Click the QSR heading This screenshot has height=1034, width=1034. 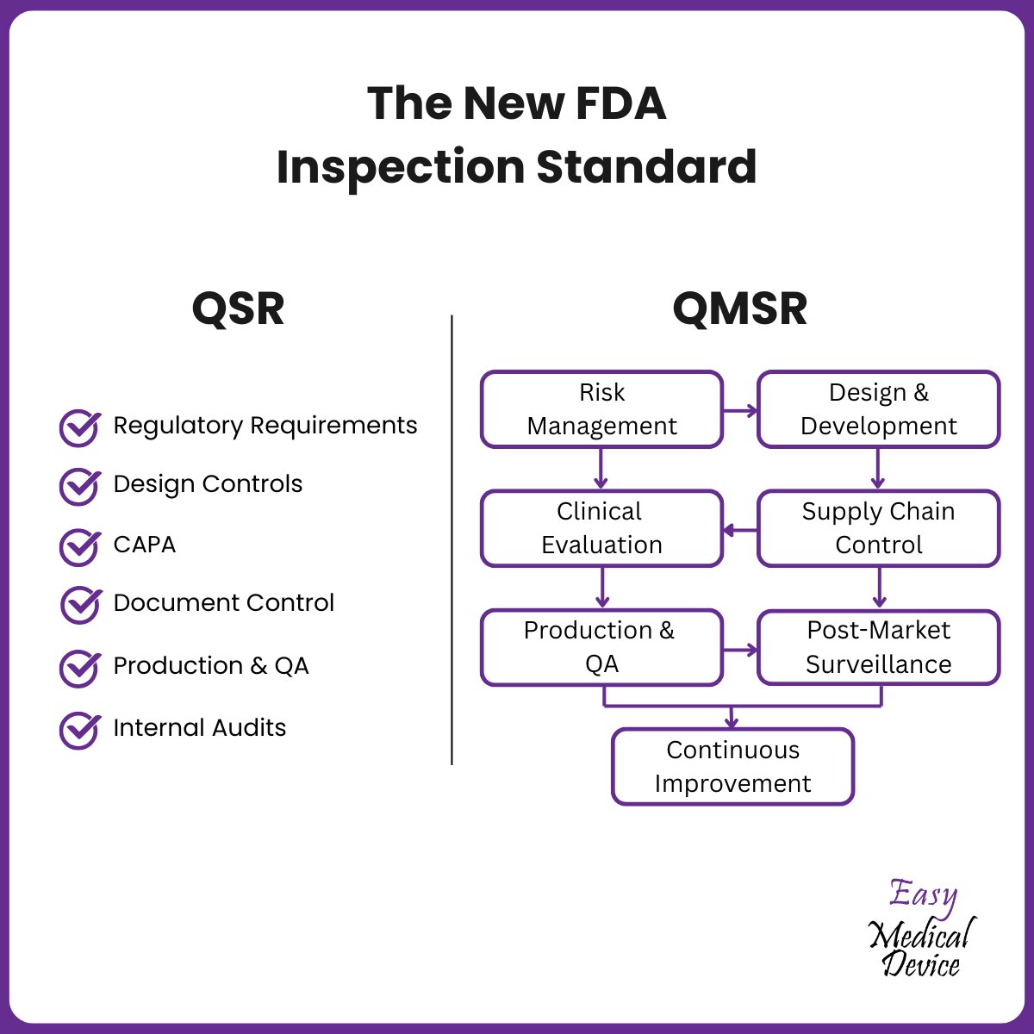click(238, 308)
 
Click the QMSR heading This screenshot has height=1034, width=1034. click(739, 308)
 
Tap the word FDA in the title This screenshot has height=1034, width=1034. click(620, 103)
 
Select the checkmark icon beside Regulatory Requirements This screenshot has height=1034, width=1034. click(79, 427)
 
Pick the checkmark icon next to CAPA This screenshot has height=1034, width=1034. click(79, 546)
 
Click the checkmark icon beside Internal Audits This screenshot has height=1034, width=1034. click(79, 730)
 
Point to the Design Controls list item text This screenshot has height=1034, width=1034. click(208, 484)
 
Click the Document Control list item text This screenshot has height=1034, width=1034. click(223, 603)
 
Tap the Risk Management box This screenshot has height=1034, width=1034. click(601, 409)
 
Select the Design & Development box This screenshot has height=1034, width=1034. click(878, 409)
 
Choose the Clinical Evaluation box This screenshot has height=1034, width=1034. click(601, 528)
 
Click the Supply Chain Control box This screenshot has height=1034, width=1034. click(878, 528)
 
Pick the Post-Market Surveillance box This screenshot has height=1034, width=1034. click(878, 647)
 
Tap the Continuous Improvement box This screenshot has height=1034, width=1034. click(732, 767)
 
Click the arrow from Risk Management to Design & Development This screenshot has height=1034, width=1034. click(740, 410)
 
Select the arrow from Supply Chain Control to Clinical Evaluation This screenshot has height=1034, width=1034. click(739, 530)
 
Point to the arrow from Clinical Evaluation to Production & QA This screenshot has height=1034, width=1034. click(601, 588)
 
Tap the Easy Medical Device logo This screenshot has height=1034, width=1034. click(921, 929)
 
